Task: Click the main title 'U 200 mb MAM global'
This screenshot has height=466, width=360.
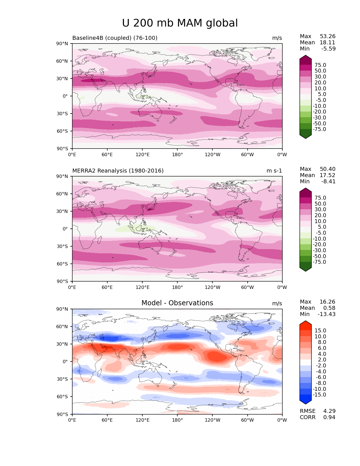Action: pyautogui.click(x=180, y=23)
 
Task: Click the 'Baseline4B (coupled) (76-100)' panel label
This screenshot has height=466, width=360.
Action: pyautogui.click(x=115, y=38)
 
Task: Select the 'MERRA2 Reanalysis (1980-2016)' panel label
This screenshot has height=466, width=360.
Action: pyautogui.click(x=118, y=171)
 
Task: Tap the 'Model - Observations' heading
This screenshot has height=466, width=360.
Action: pyautogui.click(x=177, y=303)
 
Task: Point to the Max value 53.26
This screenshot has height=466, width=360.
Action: pyautogui.click(x=328, y=36)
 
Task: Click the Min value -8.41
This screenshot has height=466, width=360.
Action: pyautogui.click(x=328, y=181)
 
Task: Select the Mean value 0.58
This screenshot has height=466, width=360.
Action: pyautogui.click(x=330, y=308)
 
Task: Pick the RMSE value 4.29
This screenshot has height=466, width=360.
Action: pyautogui.click(x=329, y=411)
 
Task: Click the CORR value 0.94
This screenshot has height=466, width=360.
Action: pyautogui.click(x=329, y=417)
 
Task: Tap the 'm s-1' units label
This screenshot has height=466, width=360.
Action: pyautogui.click(x=274, y=171)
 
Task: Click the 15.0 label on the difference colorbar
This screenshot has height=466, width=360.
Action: pyautogui.click(x=320, y=330)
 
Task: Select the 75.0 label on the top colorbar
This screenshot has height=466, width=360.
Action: pyautogui.click(x=320, y=65)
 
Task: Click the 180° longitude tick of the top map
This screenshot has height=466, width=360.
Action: pyautogui.click(x=177, y=154)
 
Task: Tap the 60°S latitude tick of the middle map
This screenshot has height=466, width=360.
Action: pyautogui.click(x=64, y=264)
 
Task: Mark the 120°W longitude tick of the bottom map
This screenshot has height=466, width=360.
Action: pyautogui.click(x=212, y=420)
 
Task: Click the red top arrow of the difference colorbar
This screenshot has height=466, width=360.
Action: pyautogui.click(x=306, y=324)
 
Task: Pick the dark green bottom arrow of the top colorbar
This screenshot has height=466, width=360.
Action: pyautogui.click(x=306, y=136)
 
